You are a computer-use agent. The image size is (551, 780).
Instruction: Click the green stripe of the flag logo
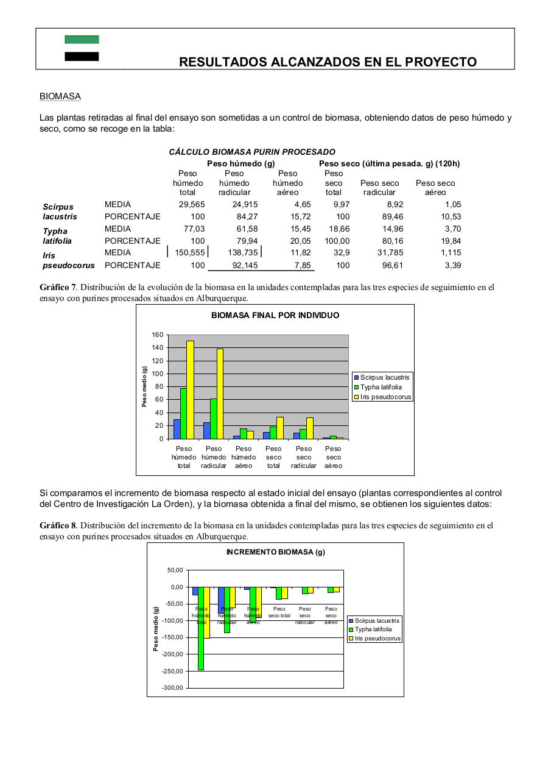(82, 40)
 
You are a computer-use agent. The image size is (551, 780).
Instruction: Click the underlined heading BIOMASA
(60, 96)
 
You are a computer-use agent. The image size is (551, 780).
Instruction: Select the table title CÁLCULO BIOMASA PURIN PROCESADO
(251, 152)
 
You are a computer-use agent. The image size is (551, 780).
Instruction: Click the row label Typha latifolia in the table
(57, 236)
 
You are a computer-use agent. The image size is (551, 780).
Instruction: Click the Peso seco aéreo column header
(435, 188)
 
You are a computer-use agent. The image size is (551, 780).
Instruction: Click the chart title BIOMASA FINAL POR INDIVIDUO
(275, 315)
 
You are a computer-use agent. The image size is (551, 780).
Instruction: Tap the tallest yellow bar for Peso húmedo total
(190, 390)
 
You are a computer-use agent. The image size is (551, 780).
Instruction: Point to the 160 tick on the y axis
(157, 335)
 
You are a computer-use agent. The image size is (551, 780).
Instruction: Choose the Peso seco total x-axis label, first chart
(273, 457)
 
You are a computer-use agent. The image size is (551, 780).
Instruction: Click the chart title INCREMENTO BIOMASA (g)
(275, 552)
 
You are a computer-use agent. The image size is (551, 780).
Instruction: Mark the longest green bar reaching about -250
(201, 628)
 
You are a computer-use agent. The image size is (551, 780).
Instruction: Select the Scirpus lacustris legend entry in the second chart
(377, 620)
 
